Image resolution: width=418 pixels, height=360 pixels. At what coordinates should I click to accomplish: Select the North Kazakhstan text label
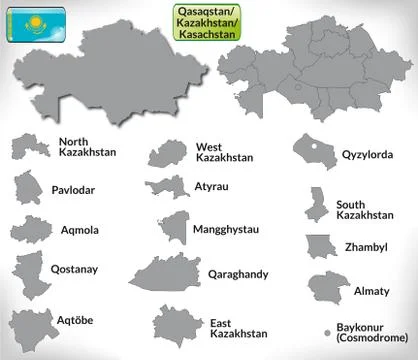pos(87,147)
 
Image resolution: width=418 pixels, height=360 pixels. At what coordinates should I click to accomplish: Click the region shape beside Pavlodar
pos(28,188)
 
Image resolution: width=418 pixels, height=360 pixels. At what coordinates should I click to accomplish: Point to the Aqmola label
pos(80,230)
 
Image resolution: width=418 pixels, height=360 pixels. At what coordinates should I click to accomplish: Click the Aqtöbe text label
pos(77,320)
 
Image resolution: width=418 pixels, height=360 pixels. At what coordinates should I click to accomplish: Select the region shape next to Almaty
pos(328,288)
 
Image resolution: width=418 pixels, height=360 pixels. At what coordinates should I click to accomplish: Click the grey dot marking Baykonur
pos(327,331)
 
